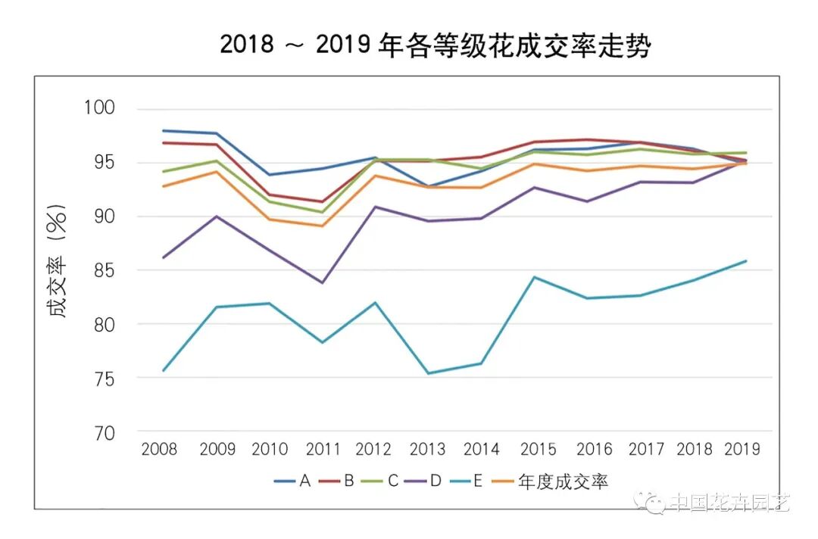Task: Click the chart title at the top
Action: click(x=436, y=45)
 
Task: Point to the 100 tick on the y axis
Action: click(x=98, y=108)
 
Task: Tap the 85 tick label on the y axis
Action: click(x=102, y=270)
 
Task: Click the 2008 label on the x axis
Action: click(x=159, y=450)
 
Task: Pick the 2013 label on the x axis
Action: click(x=427, y=450)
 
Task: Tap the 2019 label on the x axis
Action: click(x=742, y=450)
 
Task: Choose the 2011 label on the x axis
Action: click(x=323, y=450)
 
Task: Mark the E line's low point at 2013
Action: click(x=428, y=373)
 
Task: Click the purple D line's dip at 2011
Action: click(x=323, y=283)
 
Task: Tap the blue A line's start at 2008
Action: click(x=163, y=130)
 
